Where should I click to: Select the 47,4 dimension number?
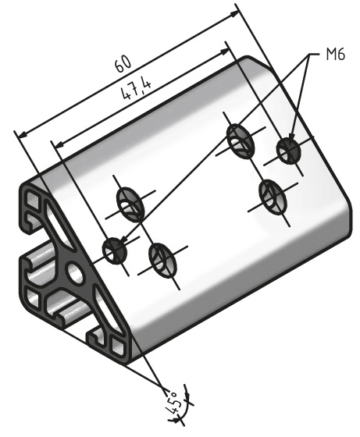pyautogui.click(x=134, y=91)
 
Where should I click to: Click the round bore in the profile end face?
pyautogui.click(x=77, y=272)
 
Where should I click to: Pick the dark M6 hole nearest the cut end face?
pyautogui.click(x=115, y=250)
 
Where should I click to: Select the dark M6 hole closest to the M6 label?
pyautogui.click(x=288, y=150)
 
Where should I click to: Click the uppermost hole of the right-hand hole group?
pyautogui.click(x=240, y=140)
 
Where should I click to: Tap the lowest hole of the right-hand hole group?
pyautogui.click(x=271, y=194)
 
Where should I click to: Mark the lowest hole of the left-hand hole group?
pyautogui.click(x=160, y=258)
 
